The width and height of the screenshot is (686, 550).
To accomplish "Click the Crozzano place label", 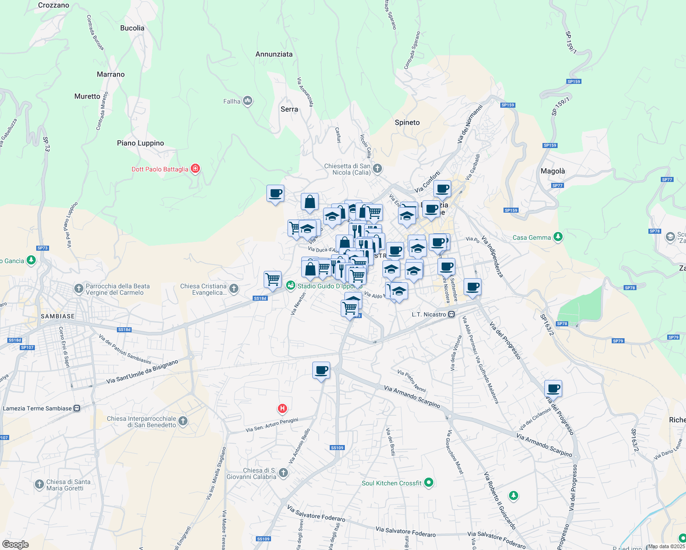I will pos(54,5).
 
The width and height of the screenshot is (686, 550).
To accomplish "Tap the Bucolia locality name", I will pos(132,28).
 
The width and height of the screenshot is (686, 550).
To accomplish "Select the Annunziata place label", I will pos(274,54).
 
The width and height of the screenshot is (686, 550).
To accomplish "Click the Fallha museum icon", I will pos(248,101).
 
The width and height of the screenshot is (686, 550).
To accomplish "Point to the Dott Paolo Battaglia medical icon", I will pos(195,169).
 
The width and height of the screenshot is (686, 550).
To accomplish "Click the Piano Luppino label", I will pos(140,143).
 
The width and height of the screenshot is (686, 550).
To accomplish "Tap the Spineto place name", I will pos(407,122).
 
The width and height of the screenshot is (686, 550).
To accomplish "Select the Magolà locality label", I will pos(553,171).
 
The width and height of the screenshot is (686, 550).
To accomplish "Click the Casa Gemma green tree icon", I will pos(558,237).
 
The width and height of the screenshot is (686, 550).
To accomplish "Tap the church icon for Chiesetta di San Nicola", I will pos(377,169).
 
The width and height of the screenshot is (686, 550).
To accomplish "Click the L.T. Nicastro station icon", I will pos(452,314).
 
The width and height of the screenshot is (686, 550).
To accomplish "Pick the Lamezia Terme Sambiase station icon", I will pos(77,408).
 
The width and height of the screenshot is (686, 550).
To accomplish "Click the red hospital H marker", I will pos(282,408).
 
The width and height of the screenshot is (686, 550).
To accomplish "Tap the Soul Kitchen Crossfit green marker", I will pos(429,483).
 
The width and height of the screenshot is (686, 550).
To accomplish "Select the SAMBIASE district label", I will pos(58,316).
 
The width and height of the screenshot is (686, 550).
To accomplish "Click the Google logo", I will pos(15,544).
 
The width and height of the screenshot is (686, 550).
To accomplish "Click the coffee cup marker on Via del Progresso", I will pos(553,389).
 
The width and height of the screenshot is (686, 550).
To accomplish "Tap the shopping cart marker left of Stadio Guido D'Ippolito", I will pos(272,279).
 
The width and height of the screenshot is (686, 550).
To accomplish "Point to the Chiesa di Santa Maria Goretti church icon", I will pos(39,484).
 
